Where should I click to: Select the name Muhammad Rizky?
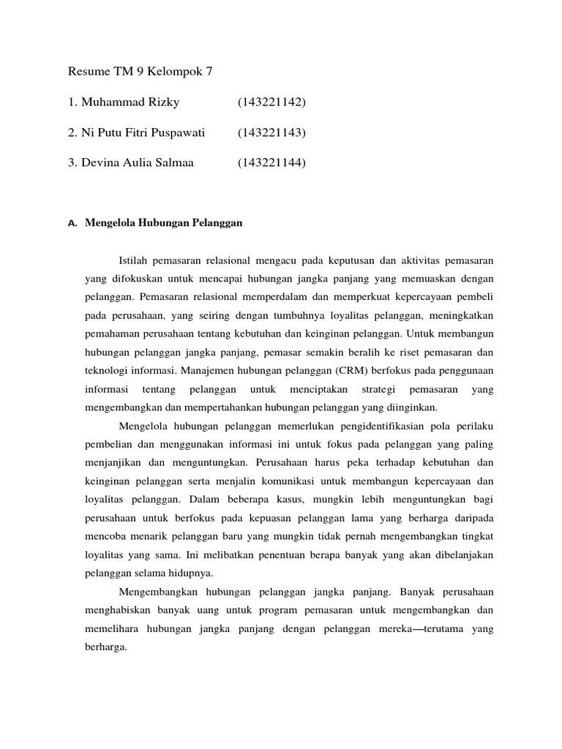pos(124,102)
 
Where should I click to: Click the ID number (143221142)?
pos(271,102)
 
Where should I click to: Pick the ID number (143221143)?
pos(271,132)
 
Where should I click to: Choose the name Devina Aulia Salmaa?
pos(131,162)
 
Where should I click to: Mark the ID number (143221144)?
pos(271,162)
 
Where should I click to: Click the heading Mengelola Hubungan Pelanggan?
pos(163,225)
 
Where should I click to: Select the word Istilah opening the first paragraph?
pos(133,260)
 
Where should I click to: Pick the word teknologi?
pos(105,370)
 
